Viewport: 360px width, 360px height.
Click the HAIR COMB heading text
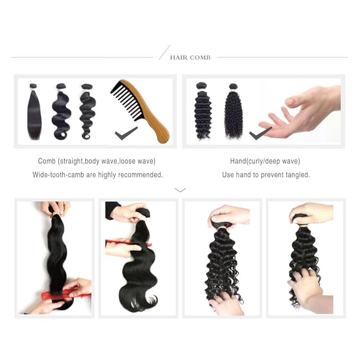[x=190, y=57]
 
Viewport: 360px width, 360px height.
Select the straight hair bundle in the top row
[x=34, y=112]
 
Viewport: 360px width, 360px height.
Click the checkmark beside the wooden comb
[x=126, y=133]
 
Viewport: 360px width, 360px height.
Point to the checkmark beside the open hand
[x=260, y=133]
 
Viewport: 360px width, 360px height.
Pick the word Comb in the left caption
[x=47, y=161]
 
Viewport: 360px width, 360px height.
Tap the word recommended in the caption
[x=143, y=174]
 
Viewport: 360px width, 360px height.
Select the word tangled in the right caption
[x=298, y=174]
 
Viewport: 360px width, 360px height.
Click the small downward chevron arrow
[x=180, y=189]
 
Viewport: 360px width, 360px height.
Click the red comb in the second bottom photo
[x=127, y=243]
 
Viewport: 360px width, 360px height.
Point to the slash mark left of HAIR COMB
[x=164, y=52]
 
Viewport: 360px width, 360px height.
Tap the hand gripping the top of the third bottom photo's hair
[x=229, y=215]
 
